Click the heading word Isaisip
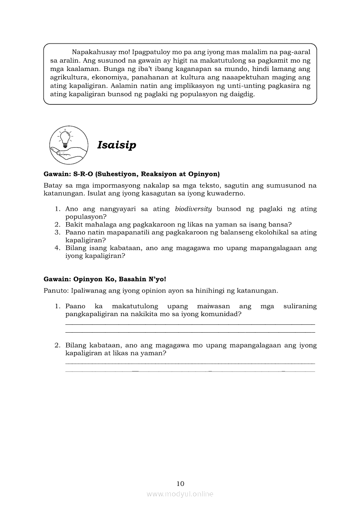pos(117,145)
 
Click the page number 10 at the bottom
pos(180,483)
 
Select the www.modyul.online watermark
pos(180,494)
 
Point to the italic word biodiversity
pos(193,209)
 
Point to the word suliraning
pos(299,306)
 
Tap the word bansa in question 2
pos(278,225)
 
